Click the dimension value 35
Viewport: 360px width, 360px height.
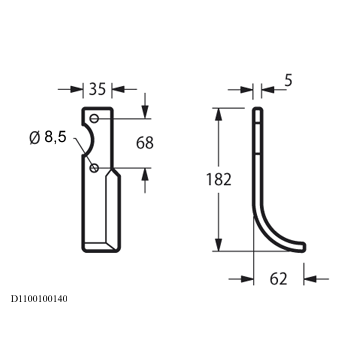click(97, 89)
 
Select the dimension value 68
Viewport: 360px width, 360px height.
click(145, 143)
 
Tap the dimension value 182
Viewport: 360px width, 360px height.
click(219, 180)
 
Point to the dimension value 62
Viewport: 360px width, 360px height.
click(278, 279)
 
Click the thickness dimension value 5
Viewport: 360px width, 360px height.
click(288, 81)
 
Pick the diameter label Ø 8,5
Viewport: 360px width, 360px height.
click(48, 137)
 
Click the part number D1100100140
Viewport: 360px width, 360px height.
click(39, 299)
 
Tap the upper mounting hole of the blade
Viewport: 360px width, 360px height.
click(95, 118)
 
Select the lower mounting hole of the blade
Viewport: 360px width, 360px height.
click(94, 168)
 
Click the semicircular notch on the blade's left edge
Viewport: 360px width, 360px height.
click(94, 140)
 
